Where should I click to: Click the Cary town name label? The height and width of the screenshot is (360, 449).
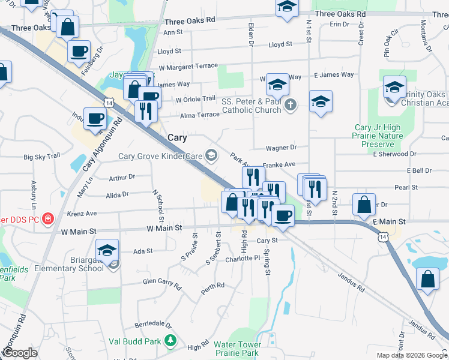[x=176, y=137]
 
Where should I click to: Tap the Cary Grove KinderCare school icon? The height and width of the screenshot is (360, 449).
[x=211, y=156]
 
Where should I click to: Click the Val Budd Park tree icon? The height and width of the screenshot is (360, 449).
[x=170, y=341]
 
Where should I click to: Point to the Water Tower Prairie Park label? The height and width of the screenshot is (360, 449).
[x=238, y=349]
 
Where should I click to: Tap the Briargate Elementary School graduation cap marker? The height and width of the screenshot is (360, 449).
[x=107, y=250]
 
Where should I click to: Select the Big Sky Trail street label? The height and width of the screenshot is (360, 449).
[x=42, y=157]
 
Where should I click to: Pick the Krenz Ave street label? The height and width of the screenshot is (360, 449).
[x=82, y=213]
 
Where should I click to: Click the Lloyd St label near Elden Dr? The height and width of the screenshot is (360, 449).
[x=280, y=44]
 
